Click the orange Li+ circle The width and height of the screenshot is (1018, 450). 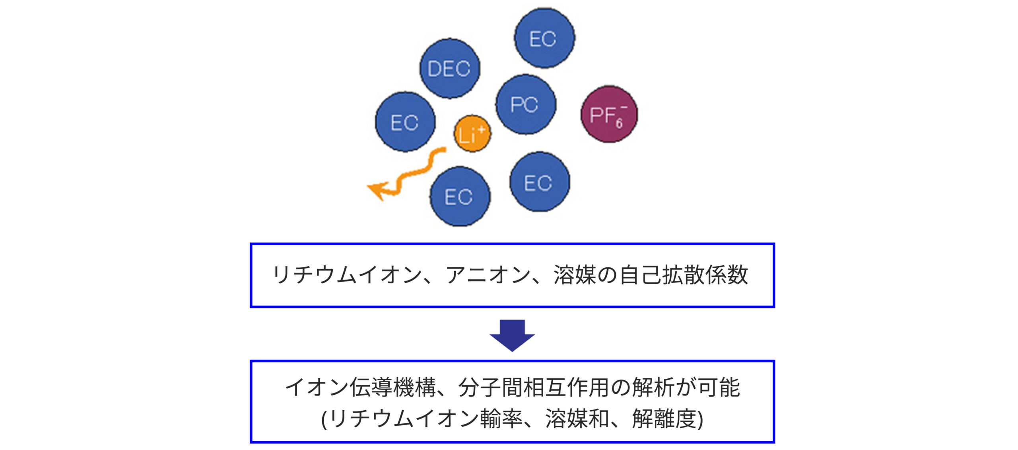click(472, 134)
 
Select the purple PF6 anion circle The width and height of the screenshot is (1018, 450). click(609, 114)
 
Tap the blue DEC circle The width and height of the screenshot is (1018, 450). click(450, 68)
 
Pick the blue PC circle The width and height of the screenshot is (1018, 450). click(526, 104)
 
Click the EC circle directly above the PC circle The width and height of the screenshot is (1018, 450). click(544, 38)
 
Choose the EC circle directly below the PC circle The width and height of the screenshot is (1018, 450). click(539, 182)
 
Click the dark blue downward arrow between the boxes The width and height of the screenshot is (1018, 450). click(512, 335)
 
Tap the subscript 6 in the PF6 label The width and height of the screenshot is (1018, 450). click(619, 123)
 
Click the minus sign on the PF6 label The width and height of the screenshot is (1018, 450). click(624, 107)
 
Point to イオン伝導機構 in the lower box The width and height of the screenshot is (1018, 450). click(360, 387)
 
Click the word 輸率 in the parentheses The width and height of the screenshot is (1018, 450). click(501, 419)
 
